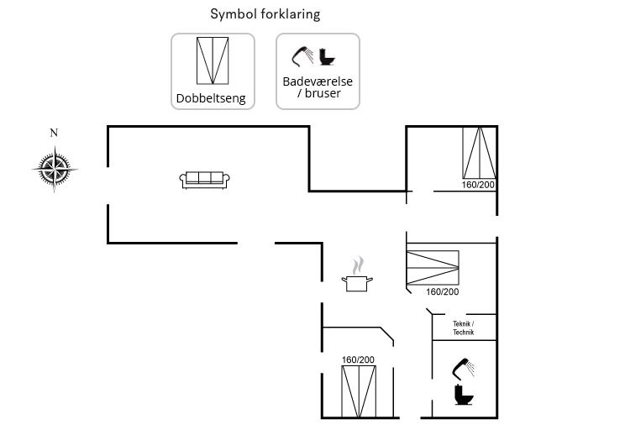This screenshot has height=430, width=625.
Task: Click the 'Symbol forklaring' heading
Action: [x=265, y=14]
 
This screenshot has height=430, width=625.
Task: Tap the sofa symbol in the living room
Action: [x=204, y=180]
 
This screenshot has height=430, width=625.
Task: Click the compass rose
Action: [x=55, y=169]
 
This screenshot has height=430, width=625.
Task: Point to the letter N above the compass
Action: [x=55, y=133]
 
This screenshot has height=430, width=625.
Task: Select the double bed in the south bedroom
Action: [x=358, y=391]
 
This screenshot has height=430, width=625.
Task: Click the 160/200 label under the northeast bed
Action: [x=479, y=185]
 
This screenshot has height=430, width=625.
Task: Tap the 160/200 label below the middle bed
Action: [x=442, y=292]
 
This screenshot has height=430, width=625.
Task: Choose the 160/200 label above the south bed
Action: [x=358, y=359]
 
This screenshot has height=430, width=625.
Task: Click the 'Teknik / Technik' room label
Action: [x=464, y=328]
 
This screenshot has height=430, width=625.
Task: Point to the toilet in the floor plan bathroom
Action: [x=462, y=395]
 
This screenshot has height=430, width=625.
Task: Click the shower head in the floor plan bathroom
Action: [x=462, y=367]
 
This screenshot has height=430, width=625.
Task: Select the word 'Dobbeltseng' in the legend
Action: [x=211, y=98]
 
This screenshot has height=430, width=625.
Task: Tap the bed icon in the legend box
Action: [x=213, y=60]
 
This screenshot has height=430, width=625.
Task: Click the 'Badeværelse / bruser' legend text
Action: [x=318, y=87]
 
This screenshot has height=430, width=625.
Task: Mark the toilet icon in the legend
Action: [x=328, y=57]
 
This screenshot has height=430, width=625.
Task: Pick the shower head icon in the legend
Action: [x=302, y=56]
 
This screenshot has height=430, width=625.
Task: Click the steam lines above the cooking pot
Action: [x=359, y=265]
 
